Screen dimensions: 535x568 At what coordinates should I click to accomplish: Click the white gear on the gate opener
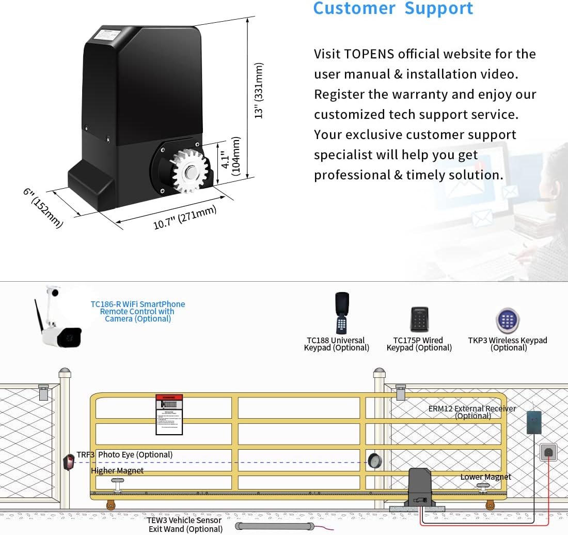click(x=191, y=172)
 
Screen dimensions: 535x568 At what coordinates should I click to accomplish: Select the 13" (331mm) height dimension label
click(x=259, y=91)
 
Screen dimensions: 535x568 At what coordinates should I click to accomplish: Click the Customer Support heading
click(x=393, y=9)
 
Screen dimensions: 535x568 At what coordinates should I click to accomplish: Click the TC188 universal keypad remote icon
click(x=341, y=313)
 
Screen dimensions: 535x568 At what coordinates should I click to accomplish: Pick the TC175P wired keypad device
click(x=419, y=319)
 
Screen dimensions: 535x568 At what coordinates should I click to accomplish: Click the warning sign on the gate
click(x=169, y=414)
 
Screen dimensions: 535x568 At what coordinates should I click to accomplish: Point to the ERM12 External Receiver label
click(x=472, y=412)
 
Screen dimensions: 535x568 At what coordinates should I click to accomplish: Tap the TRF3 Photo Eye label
click(x=124, y=455)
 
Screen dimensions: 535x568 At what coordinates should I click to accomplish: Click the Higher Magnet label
click(x=117, y=470)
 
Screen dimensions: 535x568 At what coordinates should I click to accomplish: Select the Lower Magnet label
click(x=485, y=477)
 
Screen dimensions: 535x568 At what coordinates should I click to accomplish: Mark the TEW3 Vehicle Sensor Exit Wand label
click(x=184, y=524)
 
